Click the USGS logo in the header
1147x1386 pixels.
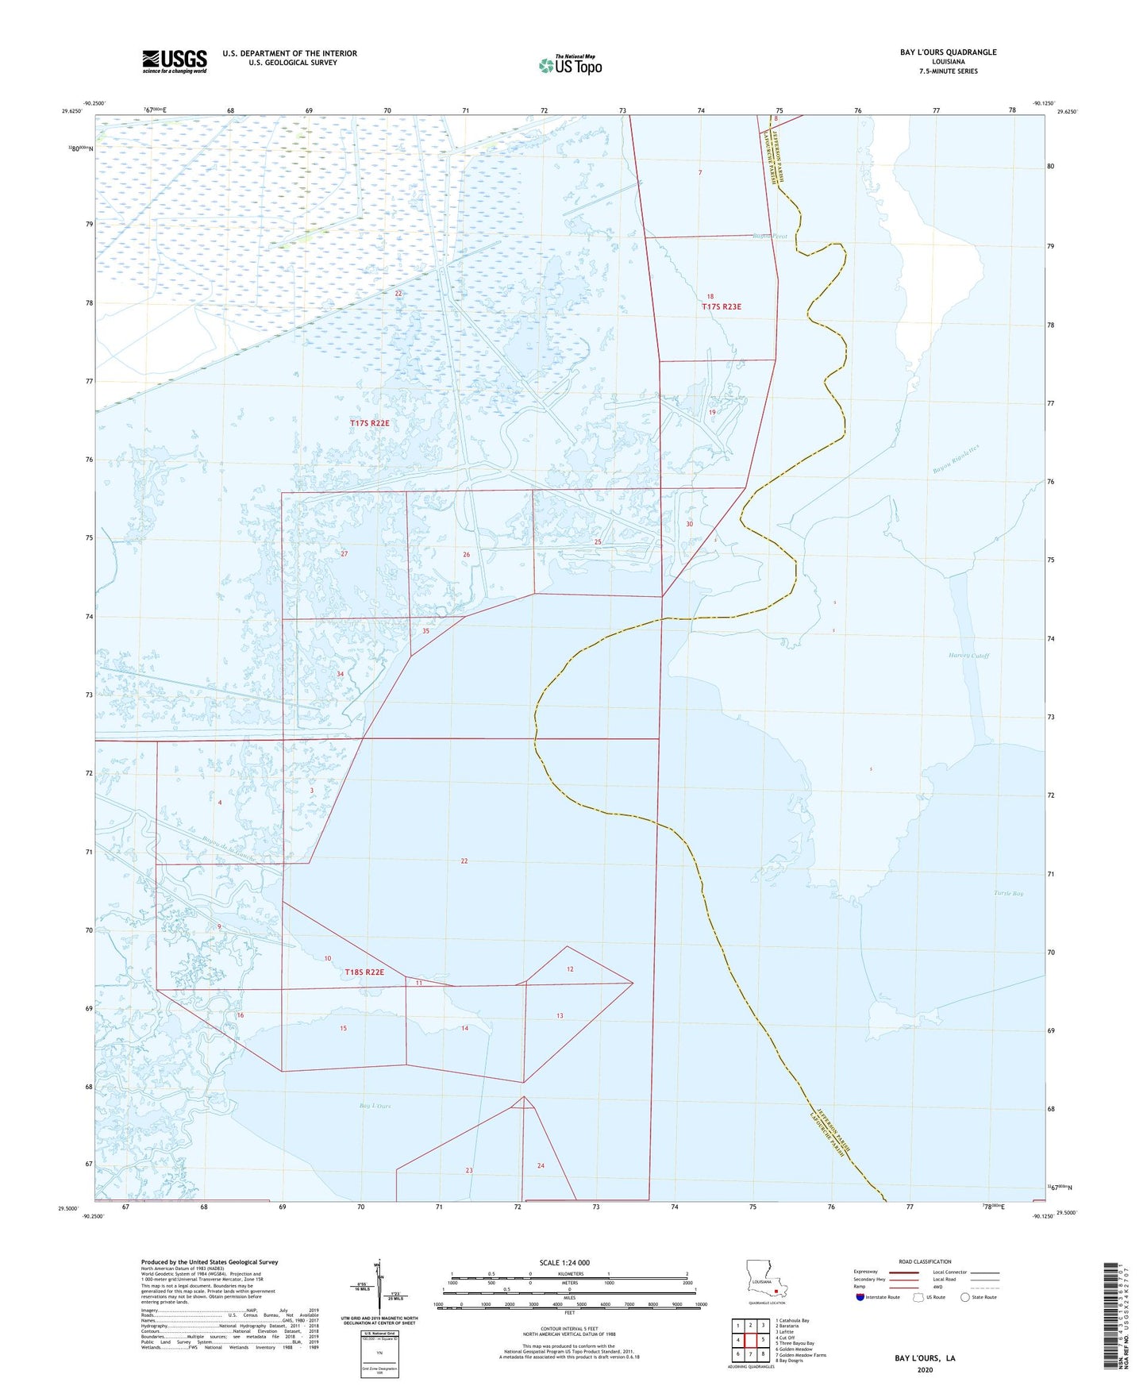[x=175, y=61]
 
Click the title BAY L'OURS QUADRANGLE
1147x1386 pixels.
[x=948, y=52]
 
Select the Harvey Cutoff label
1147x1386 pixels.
[x=969, y=656]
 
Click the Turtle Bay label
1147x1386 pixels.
[x=1008, y=894]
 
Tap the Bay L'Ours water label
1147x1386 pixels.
[x=375, y=1106]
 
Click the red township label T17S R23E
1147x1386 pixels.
[x=721, y=306]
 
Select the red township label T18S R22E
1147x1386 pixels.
[x=364, y=972]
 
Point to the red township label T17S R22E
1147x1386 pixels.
[x=370, y=424]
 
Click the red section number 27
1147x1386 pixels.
[x=344, y=554]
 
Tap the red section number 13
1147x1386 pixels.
[x=560, y=1016]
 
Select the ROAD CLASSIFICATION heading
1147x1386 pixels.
[x=925, y=1261]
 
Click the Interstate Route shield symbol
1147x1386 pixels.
[x=860, y=1297]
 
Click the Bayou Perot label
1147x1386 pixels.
[x=769, y=237]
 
